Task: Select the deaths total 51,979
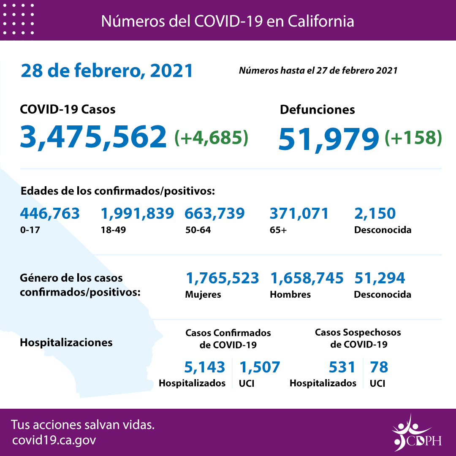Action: click(x=328, y=138)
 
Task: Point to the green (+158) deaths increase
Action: click(x=413, y=137)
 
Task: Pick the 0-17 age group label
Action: click(x=28, y=230)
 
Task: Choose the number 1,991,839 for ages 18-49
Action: click(x=137, y=214)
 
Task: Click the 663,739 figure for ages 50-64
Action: click(x=214, y=214)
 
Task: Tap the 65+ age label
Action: click(x=278, y=230)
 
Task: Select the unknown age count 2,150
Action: click(x=375, y=214)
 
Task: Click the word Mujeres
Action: click(x=203, y=295)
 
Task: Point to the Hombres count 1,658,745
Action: click(x=307, y=278)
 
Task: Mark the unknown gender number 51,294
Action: click(x=380, y=278)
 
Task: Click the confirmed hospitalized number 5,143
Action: click(x=205, y=367)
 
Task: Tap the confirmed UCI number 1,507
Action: click(x=260, y=367)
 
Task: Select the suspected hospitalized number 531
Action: click(x=342, y=367)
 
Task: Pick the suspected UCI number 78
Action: click(x=379, y=367)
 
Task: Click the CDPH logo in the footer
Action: click(x=416, y=433)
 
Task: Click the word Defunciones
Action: click(x=317, y=110)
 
